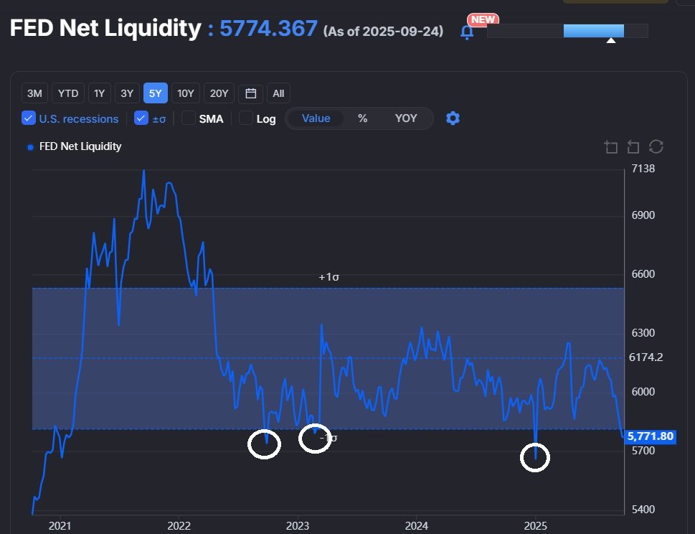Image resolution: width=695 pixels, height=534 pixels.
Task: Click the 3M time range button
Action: pyautogui.click(x=34, y=93)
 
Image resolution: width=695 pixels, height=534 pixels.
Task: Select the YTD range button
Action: pyautogui.click(x=68, y=93)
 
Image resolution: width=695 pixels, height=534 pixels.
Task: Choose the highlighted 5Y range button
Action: pyautogui.click(x=156, y=93)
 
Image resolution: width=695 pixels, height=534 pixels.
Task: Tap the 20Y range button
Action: pyautogui.click(x=218, y=93)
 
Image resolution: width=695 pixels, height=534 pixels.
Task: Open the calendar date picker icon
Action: pyautogui.click(x=250, y=93)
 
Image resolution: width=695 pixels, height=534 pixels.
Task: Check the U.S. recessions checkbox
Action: pyautogui.click(x=29, y=118)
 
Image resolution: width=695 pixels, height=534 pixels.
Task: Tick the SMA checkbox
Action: pyautogui.click(x=189, y=118)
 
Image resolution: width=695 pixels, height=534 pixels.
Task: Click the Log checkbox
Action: pyautogui.click(x=245, y=118)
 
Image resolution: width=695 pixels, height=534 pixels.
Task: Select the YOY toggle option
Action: pyautogui.click(x=406, y=118)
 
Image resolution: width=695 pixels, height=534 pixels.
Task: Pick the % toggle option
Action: pyautogui.click(x=363, y=118)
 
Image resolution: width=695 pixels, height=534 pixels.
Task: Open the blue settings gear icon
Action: pyautogui.click(x=453, y=118)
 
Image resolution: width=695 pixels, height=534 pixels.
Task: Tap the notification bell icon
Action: pyautogui.click(x=467, y=32)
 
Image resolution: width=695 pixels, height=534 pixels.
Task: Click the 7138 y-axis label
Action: pyautogui.click(x=642, y=169)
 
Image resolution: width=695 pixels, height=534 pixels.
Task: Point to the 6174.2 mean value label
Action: pyautogui.click(x=646, y=357)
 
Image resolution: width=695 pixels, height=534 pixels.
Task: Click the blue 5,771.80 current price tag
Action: pyautogui.click(x=650, y=436)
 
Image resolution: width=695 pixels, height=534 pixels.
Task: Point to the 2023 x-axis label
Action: pyautogui.click(x=297, y=525)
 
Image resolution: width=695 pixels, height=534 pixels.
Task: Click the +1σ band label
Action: pyautogui.click(x=329, y=277)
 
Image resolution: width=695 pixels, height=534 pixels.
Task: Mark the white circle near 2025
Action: pyautogui.click(x=534, y=457)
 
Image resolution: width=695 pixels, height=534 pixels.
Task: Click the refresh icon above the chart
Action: pyautogui.click(x=656, y=147)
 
